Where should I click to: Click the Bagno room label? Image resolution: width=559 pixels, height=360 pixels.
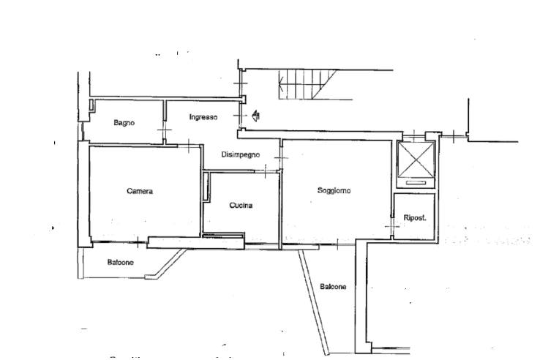(123, 123)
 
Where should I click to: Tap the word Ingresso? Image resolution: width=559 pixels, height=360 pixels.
(203, 117)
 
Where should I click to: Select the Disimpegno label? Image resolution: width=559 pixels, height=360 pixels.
(240, 154)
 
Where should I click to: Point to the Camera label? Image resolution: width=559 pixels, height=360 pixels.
(139, 191)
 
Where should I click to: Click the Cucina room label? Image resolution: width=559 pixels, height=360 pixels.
(241, 206)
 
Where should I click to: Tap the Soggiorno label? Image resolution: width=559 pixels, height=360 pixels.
(334, 190)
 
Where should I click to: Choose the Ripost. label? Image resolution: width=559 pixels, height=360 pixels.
(415, 217)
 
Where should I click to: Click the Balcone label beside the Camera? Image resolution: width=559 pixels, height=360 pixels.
(120, 263)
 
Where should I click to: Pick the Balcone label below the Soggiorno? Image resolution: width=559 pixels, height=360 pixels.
(333, 287)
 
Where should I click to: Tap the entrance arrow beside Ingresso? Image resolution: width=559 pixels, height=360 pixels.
(255, 115)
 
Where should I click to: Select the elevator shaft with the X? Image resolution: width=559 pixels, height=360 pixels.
(415, 161)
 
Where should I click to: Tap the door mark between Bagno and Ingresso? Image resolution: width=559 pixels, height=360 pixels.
(164, 132)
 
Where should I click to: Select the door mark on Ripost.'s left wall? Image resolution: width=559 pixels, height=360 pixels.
(394, 229)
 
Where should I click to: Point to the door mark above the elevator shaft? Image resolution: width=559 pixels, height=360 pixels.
(415, 135)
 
